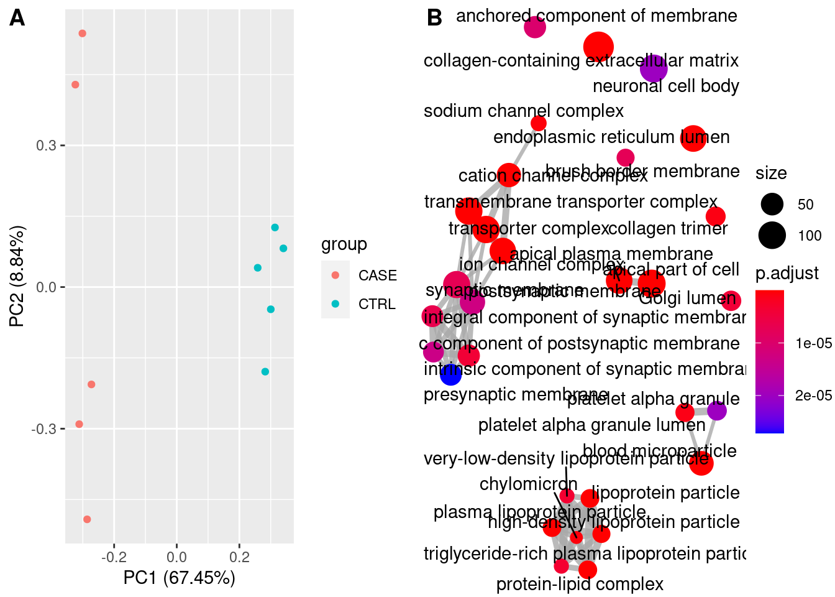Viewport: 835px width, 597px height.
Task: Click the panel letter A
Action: point(17,18)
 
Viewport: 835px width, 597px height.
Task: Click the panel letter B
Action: point(434,18)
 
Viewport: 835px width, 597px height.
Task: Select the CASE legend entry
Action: point(377,275)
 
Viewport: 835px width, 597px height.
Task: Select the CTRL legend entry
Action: point(376,304)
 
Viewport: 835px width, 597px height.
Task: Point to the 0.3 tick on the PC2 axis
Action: point(46,146)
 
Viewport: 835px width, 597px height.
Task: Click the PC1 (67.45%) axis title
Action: point(179,578)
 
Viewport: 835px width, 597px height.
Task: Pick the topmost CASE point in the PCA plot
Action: point(82,34)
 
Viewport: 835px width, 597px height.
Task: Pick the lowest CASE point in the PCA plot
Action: point(87,519)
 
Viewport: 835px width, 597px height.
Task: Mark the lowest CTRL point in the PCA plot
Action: point(265,372)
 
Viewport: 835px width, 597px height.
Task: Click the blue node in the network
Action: point(450,374)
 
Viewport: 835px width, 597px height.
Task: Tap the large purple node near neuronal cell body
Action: point(653,68)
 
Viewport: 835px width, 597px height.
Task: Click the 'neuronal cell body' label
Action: point(665,86)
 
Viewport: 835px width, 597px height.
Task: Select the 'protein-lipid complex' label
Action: point(579,584)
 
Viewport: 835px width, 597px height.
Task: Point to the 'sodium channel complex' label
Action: point(523,111)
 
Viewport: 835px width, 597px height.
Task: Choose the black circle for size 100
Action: point(772,236)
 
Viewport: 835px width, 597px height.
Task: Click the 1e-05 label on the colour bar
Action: point(813,343)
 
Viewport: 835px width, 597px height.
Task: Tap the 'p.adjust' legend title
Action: point(787,274)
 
